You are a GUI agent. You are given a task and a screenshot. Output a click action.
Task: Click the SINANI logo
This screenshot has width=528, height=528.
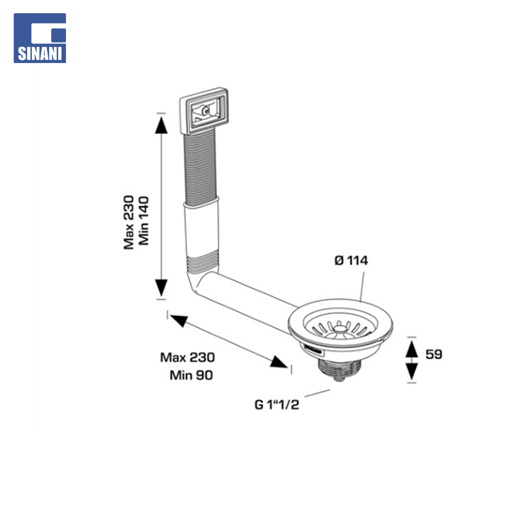(x=40, y=38)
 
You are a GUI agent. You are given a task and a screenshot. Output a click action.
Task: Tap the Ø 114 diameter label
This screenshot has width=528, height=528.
(x=351, y=260)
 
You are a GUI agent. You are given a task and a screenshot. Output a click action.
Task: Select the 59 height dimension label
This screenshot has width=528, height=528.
(x=434, y=354)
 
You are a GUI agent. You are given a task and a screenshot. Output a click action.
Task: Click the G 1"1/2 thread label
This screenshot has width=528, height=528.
(x=276, y=404)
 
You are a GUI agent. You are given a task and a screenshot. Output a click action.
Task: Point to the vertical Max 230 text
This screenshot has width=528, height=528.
(x=129, y=222)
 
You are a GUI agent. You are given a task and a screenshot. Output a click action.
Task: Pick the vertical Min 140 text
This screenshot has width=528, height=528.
(x=143, y=221)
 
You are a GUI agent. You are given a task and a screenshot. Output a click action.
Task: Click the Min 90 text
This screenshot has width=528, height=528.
(x=191, y=375)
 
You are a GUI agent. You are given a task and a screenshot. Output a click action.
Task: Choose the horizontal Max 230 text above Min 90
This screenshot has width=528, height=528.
(x=187, y=357)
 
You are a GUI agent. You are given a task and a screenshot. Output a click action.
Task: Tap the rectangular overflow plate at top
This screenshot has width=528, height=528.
(x=204, y=111)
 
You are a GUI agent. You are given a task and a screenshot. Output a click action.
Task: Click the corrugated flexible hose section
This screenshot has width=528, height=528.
(x=201, y=167)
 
